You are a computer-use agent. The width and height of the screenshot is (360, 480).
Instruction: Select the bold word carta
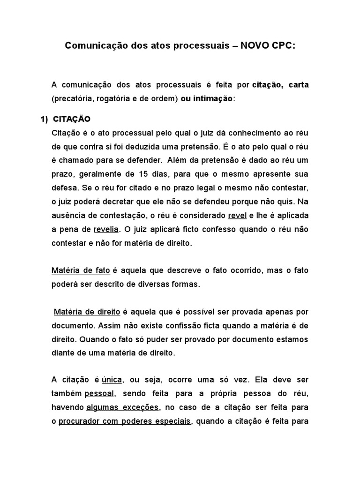coord(296,85)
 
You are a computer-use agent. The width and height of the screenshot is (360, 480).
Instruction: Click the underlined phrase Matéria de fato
coord(81,271)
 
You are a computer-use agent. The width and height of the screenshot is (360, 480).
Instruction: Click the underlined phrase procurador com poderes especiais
coord(125,421)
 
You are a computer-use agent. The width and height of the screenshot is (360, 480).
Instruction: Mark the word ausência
coord(67,216)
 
